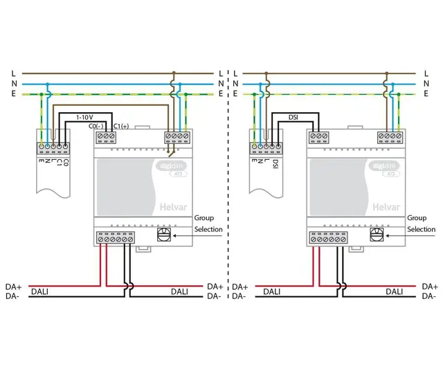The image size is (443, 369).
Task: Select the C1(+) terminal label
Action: tap(121, 127)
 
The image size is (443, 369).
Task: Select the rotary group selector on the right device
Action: tap(377, 236)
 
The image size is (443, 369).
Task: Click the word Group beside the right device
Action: tap(417, 217)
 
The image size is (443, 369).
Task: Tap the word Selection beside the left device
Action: tap(208, 229)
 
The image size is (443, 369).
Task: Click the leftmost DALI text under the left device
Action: tap(40, 292)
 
